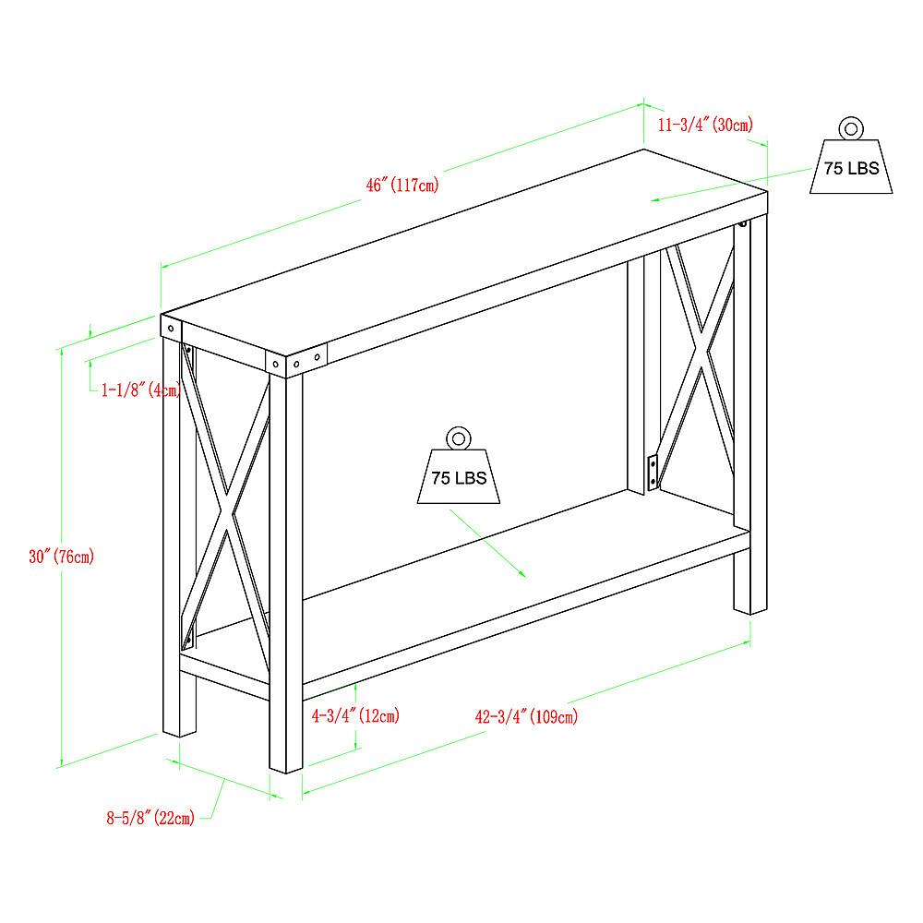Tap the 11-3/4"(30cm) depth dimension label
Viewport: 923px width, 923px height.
(704, 125)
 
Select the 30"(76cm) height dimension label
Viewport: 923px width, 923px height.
(61, 557)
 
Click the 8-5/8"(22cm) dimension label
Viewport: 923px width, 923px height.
(150, 817)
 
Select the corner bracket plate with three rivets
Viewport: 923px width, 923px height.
(297, 361)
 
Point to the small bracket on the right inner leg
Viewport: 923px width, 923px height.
(653, 471)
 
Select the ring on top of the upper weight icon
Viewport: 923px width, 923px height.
(850, 128)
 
